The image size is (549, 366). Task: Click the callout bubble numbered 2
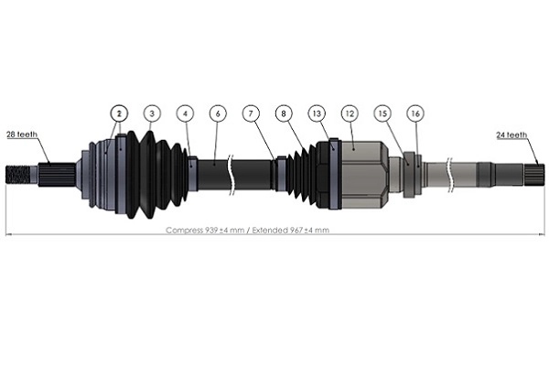pyautogui.click(x=118, y=113)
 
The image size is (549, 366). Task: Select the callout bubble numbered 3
pyautogui.click(x=152, y=113)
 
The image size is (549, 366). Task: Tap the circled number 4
pyautogui.click(x=186, y=113)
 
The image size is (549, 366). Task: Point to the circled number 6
pyautogui.click(x=217, y=113)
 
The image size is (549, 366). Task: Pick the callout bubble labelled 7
pyautogui.click(x=252, y=113)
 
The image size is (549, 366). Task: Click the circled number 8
pyautogui.click(x=285, y=113)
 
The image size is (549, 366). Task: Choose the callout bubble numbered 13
pyautogui.click(x=317, y=113)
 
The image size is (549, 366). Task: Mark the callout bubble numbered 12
pyautogui.click(x=349, y=113)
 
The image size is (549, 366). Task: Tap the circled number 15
pyautogui.click(x=383, y=113)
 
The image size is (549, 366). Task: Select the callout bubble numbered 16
pyautogui.click(x=415, y=113)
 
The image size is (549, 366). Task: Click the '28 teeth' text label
pyautogui.click(x=22, y=135)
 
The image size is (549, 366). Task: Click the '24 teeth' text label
pyautogui.click(x=512, y=135)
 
